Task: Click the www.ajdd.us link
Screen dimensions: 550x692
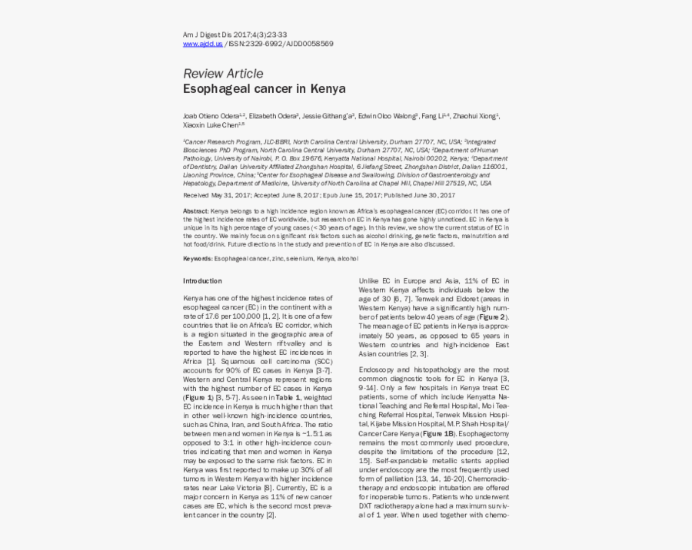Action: click(x=202, y=44)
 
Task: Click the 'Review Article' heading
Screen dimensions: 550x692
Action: click(x=222, y=74)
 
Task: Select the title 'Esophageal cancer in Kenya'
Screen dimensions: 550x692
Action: click(x=264, y=89)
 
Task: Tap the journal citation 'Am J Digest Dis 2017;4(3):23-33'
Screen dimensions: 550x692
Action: click(x=235, y=35)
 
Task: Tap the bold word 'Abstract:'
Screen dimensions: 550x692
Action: click(x=196, y=210)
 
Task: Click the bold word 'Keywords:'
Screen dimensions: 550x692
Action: click(x=198, y=259)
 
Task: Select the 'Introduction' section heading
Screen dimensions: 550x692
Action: click(x=202, y=280)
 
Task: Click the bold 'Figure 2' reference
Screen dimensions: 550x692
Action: click(x=492, y=316)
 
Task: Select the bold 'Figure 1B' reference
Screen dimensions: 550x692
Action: click(x=437, y=433)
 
